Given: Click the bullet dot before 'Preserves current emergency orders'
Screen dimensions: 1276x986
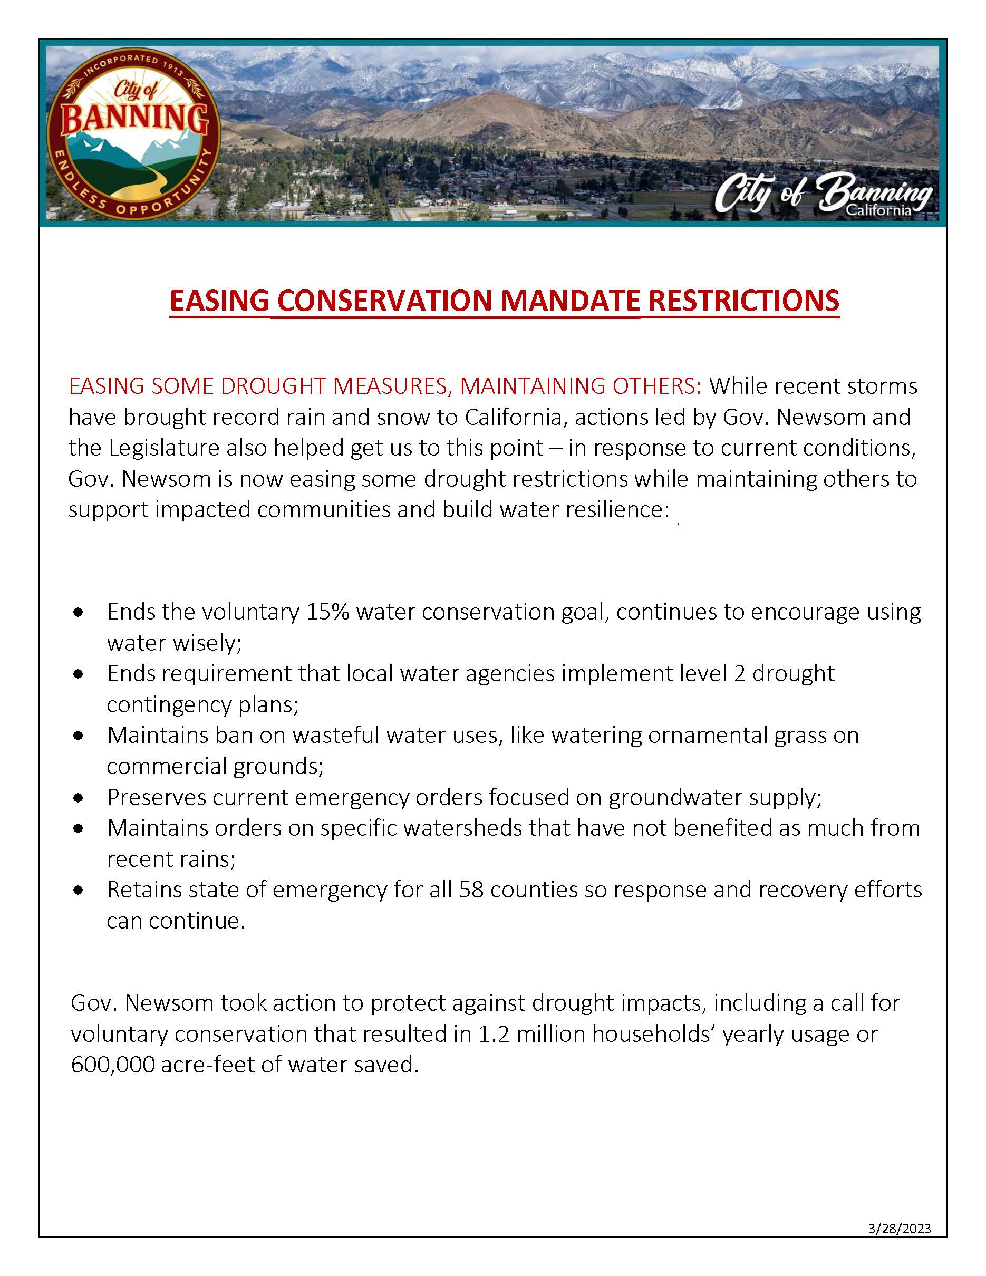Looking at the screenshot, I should (78, 797).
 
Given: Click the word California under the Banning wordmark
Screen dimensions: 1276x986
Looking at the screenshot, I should (879, 210).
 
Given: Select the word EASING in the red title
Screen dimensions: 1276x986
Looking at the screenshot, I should (219, 301).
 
